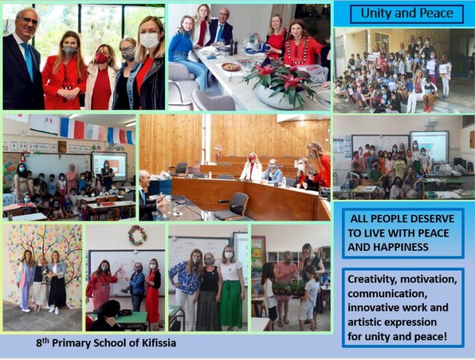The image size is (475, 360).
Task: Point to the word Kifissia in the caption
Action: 158,343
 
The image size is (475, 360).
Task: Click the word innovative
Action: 370,307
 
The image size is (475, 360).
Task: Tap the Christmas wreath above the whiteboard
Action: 137,235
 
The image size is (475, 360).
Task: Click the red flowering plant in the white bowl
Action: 279,79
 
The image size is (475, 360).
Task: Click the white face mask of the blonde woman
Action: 149,40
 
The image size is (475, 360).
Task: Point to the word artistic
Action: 363,322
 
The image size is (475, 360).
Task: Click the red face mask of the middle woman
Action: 102,58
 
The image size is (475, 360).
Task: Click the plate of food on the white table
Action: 231,67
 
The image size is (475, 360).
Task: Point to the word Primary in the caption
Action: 72,344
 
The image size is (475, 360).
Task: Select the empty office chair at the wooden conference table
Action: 233,207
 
